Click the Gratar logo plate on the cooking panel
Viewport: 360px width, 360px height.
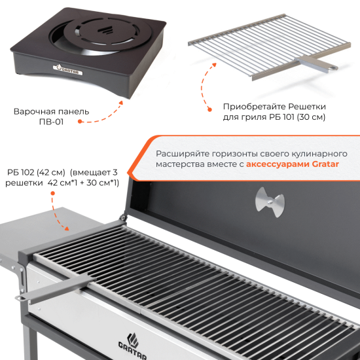click(67, 70)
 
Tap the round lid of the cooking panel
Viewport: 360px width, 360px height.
click(107, 31)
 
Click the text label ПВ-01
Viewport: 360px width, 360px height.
click(51, 122)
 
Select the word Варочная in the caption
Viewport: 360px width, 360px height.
click(34, 111)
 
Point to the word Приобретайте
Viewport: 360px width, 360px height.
click(254, 107)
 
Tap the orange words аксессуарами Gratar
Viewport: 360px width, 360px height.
click(293, 164)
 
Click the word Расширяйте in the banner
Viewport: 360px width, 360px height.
click(183, 154)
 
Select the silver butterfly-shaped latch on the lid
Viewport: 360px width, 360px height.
click(270, 202)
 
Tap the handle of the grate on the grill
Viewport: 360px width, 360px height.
click(56, 288)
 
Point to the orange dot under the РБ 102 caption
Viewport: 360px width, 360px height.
click(52, 193)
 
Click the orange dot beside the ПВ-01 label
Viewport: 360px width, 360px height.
click(80, 121)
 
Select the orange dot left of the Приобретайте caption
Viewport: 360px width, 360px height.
click(209, 110)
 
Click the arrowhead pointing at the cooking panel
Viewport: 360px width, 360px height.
click(121, 102)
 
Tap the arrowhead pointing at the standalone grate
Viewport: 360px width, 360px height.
click(214, 65)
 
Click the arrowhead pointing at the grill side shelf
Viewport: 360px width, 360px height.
click(66, 228)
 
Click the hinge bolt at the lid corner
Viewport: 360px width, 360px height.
click(123, 217)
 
